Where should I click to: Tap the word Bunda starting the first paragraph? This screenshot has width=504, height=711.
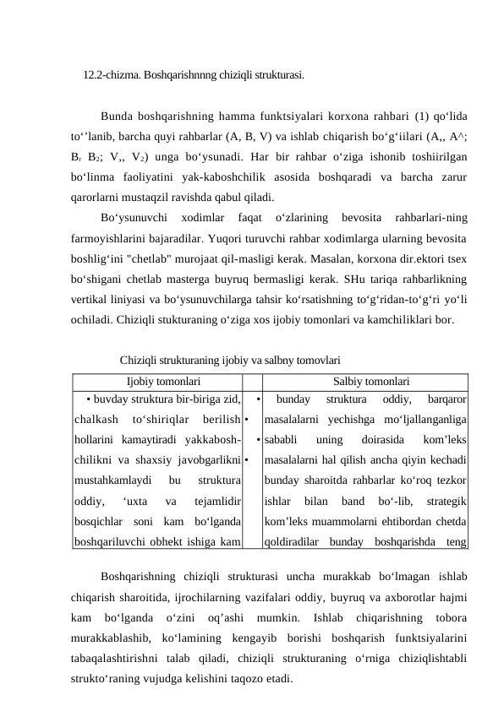(x=116, y=116)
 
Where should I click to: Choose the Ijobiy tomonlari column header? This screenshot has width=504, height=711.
(x=157, y=359)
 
